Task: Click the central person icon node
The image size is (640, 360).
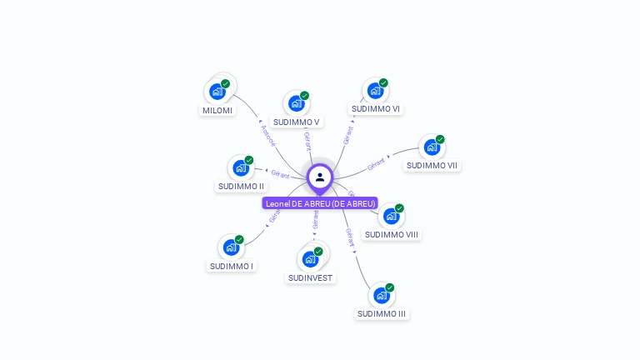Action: pyautogui.click(x=320, y=177)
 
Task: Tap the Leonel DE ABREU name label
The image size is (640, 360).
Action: pyautogui.click(x=320, y=203)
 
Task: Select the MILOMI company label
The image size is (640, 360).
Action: pyautogui.click(x=217, y=110)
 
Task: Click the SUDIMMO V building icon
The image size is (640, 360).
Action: pyautogui.click(x=295, y=103)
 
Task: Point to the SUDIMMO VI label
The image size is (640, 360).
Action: pyautogui.click(x=375, y=109)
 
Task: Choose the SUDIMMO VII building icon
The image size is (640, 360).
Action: pyautogui.click(x=431, y=147)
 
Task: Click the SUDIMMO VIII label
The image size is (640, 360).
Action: pyautogui.click(x=391, y=234)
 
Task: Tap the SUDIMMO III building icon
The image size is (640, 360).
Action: pyautogui.click(x=381, y=295)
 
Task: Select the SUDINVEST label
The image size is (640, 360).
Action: pyautogui.click(x=310, y=277)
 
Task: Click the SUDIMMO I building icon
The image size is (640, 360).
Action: pyautogui.click(x=231, y=247)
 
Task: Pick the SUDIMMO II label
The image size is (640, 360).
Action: pyautogui.click(x=241, y=186)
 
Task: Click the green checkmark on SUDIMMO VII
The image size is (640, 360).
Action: pyautogui.click(x=440, y=139)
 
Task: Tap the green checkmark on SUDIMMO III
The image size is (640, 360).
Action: pyautogui.click(x=389, y=287)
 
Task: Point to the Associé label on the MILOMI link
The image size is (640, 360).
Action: pyautogui.click(x=267, y=136)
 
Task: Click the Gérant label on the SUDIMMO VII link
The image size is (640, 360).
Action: pyautogui.click(x=377, y=162)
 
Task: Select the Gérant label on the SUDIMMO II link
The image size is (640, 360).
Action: pyautogui.click(x=280, y=174)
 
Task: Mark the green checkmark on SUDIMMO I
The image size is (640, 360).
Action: pyautogui.click(x=239, y=240)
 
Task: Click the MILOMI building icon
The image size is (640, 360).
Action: pyautogui.click(x=217, y=91)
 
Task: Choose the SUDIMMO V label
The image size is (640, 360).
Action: pyautogui.click(x=297, y=122)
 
